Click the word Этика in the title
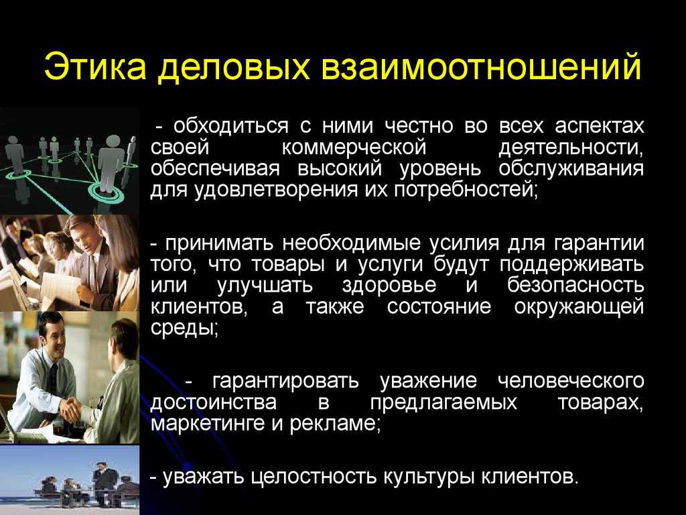[x=95, y=67]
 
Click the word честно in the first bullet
[x=419, y=127]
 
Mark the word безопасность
[x=575, y=286]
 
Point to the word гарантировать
[x=285, y=382]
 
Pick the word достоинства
[x=214, y=402]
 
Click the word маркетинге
[x=208, y=424]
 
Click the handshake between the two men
[x=72, y=409]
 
